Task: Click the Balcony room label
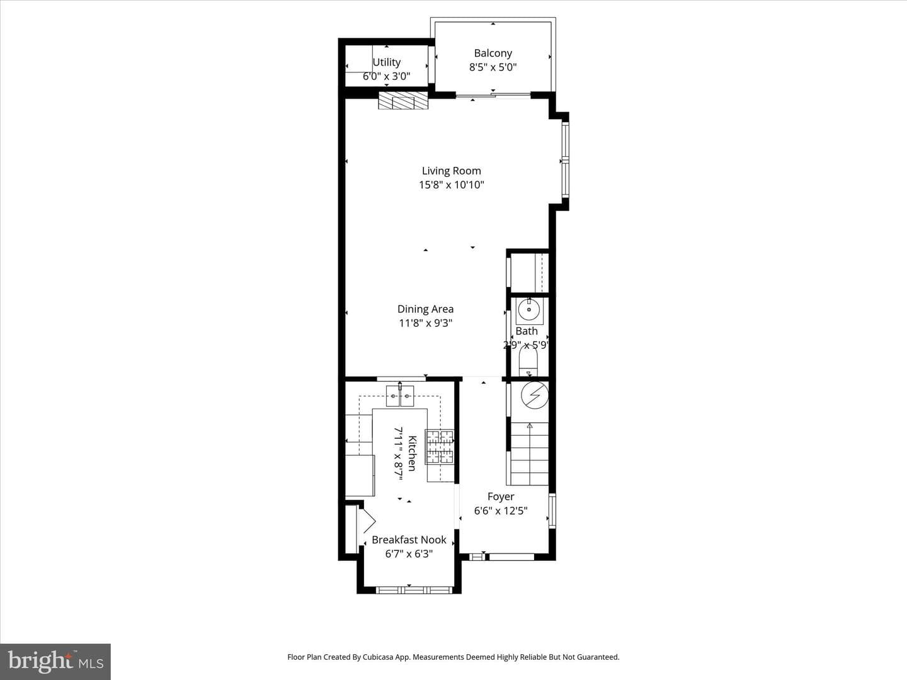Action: (x=493, y=54)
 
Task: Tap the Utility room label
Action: (x=387, y=62)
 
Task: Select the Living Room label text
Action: (x=451, y=171)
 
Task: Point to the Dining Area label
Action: (x=426, y=309)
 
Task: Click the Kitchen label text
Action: (x=413, y=453)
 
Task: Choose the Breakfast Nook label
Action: (x=409, y=540)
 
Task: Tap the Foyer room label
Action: (x=501, y=497)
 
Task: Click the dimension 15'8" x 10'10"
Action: (x=451, y=185)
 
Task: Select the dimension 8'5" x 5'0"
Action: (x=493, y=67)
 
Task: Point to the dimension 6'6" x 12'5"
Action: (x=501, y=511)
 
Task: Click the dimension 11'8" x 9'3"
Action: (x=426, y=323)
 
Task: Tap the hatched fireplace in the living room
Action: (x=403, y=100)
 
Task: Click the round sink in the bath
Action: (x=529, y=310)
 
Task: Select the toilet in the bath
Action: (x=528, y=361)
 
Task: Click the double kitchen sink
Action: (x=400, y=395)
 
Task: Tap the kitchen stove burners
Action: (x=440, y=447)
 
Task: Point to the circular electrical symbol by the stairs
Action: (x=535, y=395)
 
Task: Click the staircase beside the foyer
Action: (x=530, y=453)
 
